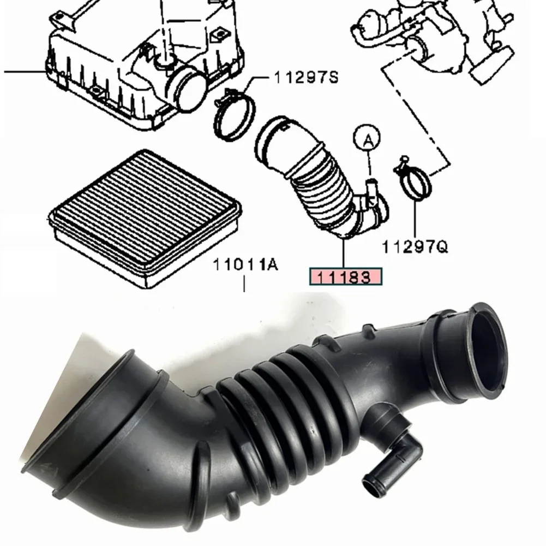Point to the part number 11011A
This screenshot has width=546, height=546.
click(245, 265)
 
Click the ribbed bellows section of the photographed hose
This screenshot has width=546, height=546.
click(284, 404)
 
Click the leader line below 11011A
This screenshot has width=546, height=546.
click(244, 284)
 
